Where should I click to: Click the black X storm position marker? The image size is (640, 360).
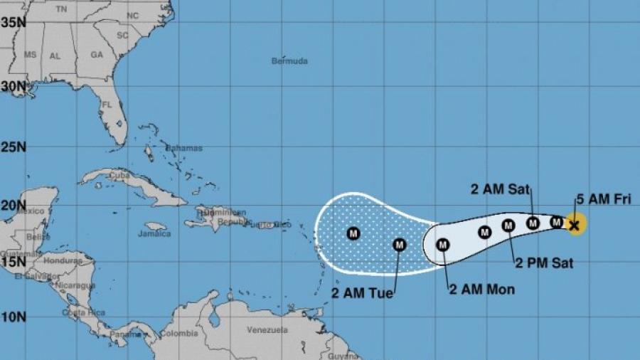coord(575,226)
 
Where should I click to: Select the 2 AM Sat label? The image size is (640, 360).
coord(496,189)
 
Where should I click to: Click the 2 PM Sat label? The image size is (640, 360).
coord(544,263)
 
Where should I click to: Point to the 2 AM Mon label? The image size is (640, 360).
coord(481,290)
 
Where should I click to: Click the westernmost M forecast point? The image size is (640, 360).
coord(353,233)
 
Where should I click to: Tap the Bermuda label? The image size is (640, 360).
coord(289,61)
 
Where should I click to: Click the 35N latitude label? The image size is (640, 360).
coord(14,22)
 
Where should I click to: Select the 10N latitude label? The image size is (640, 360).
coord(14,316)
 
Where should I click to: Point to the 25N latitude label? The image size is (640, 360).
coord(14,147)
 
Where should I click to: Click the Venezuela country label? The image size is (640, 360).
coord(267,330)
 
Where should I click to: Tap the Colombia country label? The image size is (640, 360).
coord(178,333)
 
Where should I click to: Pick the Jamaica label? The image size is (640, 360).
coord(154,233)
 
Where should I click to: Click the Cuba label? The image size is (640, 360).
coord(118,174)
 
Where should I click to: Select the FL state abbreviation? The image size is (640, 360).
coord(107,105)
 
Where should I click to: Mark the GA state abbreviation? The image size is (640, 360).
coord(97,55)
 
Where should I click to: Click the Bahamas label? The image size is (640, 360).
coord(183,148)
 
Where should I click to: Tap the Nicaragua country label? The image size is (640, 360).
coord(78,285)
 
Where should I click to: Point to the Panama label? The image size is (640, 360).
coord(112,333)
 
